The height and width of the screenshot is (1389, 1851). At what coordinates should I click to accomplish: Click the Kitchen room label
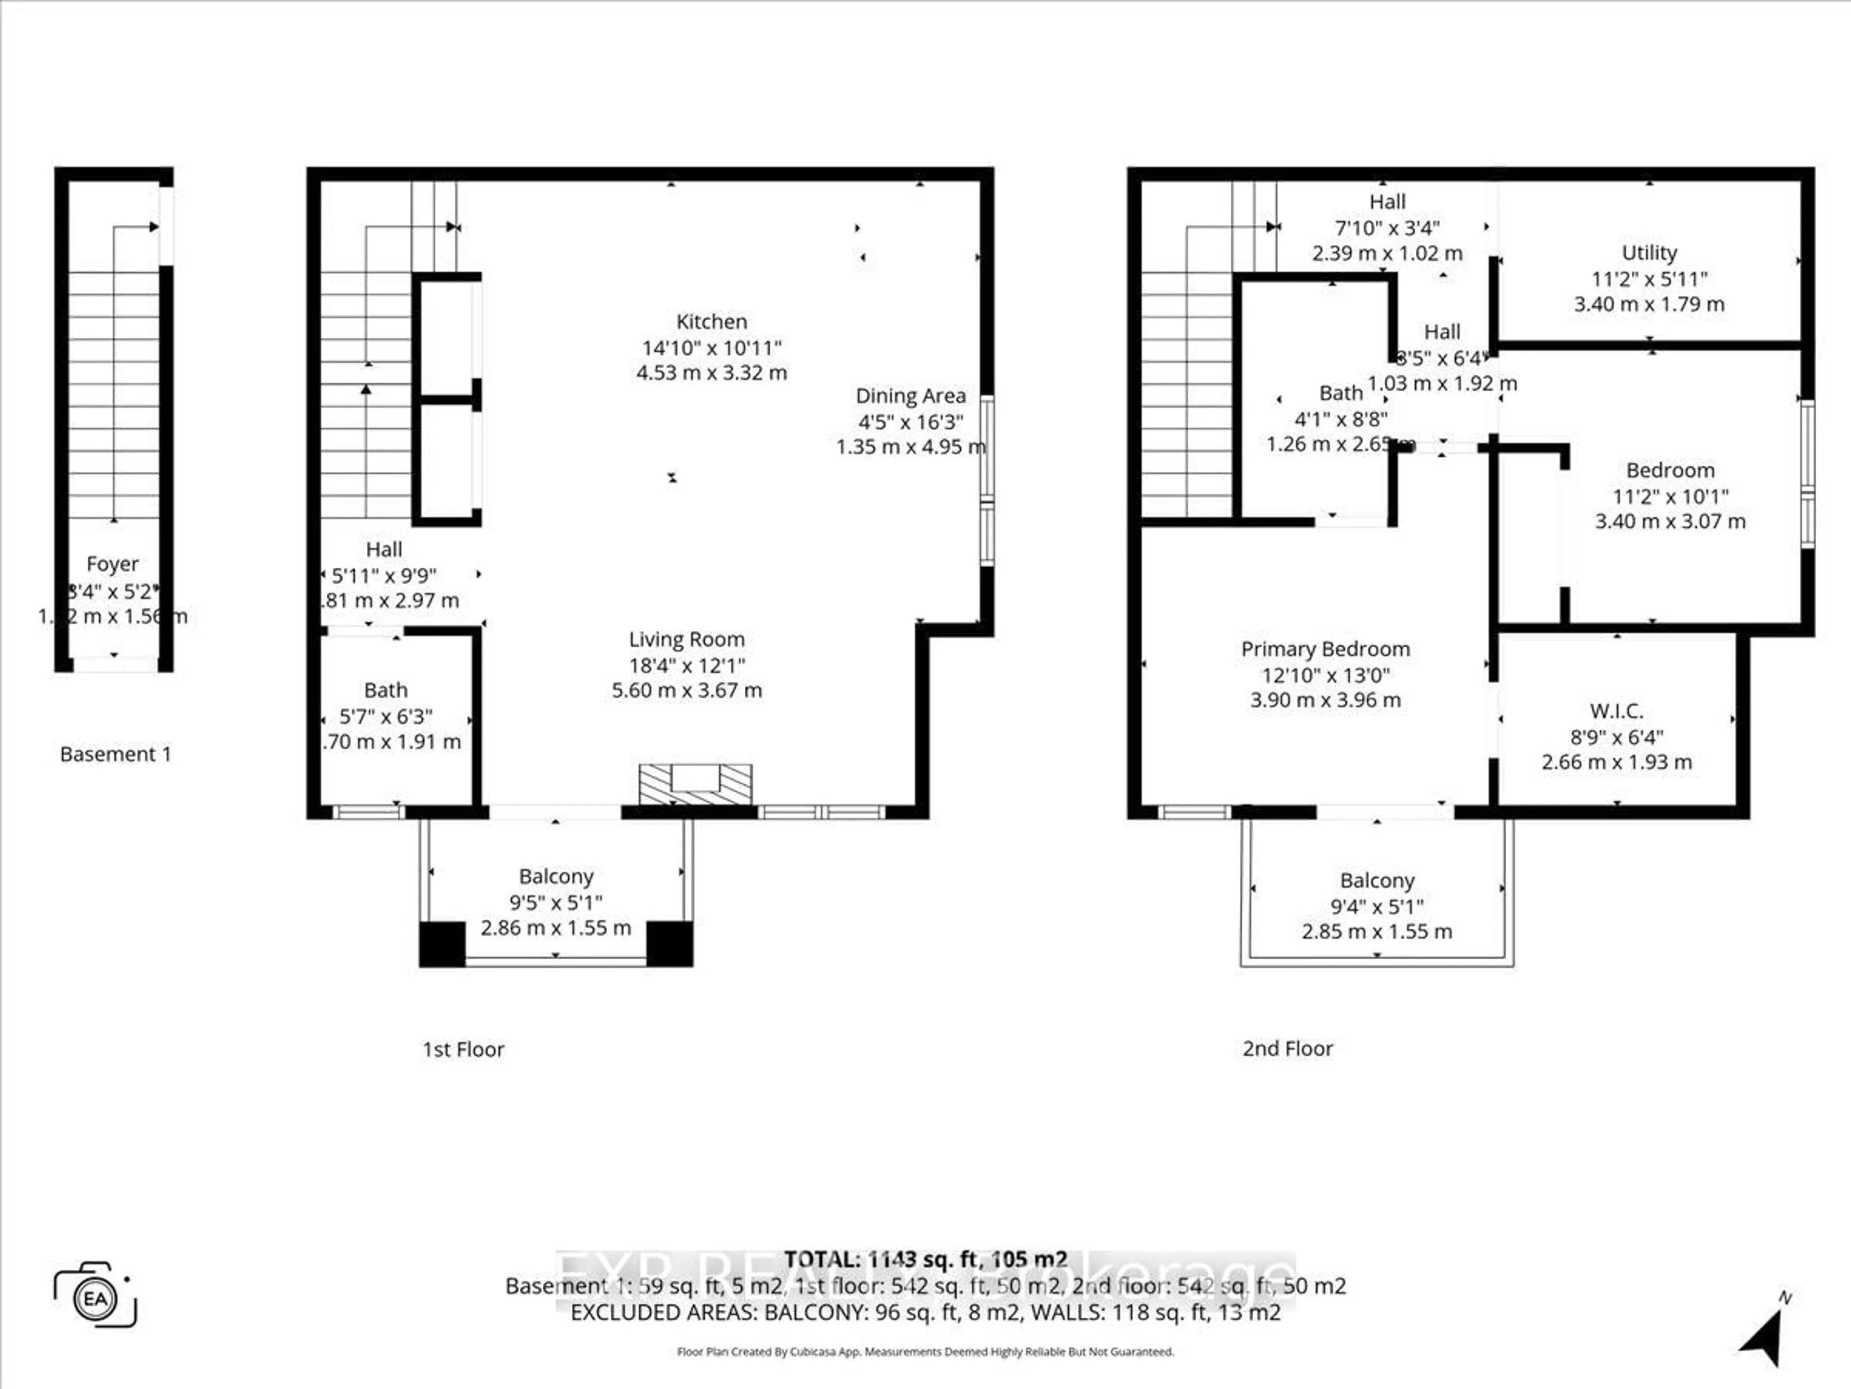coord(711,322)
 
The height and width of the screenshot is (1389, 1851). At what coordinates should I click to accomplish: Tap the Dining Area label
coord(911,396)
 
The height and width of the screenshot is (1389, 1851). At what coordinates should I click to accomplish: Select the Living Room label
coord(686,640)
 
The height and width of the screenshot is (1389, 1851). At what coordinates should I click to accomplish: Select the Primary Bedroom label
coord(1325,649)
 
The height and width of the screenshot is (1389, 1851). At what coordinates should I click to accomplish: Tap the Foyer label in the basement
coord(112,564)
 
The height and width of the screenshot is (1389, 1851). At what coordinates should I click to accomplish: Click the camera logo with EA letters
coord(94,1298)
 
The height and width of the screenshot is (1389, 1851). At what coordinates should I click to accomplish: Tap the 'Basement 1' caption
coord(116,754)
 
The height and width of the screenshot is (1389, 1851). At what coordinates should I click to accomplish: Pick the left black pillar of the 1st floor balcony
coord(442,943)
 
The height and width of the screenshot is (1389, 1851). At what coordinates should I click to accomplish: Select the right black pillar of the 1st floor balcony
coord(670,943)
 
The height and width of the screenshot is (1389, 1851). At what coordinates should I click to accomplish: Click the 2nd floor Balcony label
coord(1377,881)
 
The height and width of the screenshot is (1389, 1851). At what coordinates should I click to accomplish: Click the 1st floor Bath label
coord(386,691)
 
